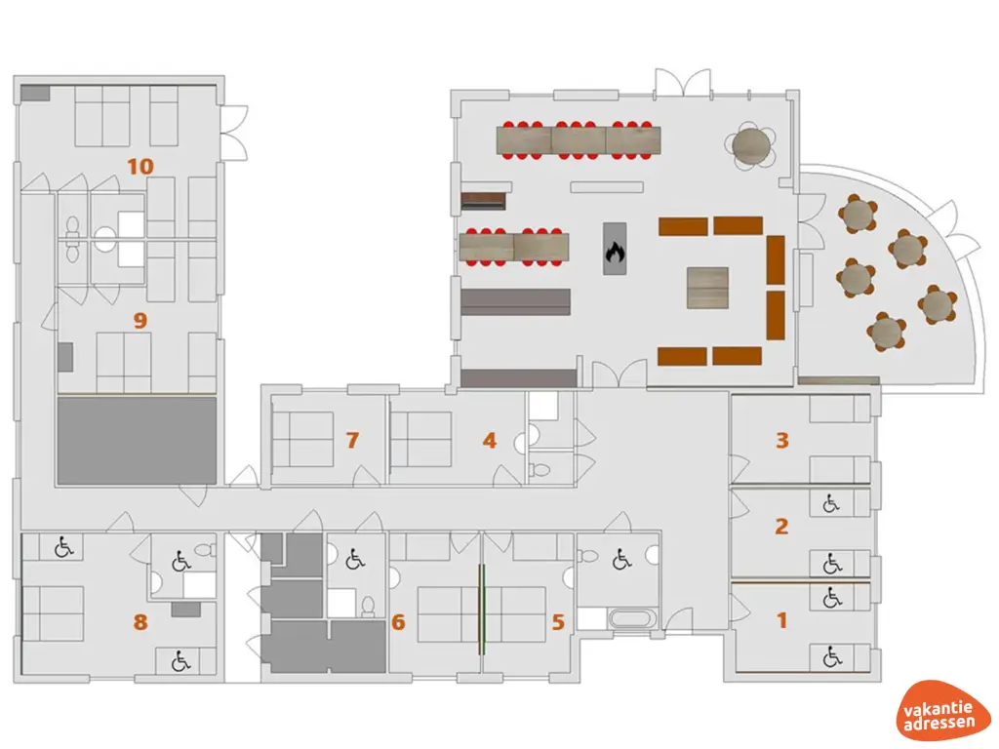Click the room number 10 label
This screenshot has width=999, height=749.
[140, 167]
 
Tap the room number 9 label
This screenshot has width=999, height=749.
[140, 320]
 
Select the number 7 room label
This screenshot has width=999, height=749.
[352, 440]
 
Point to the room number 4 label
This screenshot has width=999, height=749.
[490, 440]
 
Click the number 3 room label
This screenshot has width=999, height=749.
[782, 440]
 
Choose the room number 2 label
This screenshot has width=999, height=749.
[781, 526]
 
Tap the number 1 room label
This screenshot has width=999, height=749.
[782, 620]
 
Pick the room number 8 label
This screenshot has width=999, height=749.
[140, 621]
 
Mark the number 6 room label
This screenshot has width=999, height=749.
[398, 621]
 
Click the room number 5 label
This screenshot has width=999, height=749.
[558, 621]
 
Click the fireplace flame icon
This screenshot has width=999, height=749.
[615, 252]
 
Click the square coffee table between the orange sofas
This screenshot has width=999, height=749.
[707, 288]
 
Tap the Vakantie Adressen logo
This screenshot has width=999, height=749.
[939, 711]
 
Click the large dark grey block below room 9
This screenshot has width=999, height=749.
[137, 441]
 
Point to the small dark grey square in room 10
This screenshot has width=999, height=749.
[35, 93]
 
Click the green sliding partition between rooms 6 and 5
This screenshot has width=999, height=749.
[482, 610]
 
